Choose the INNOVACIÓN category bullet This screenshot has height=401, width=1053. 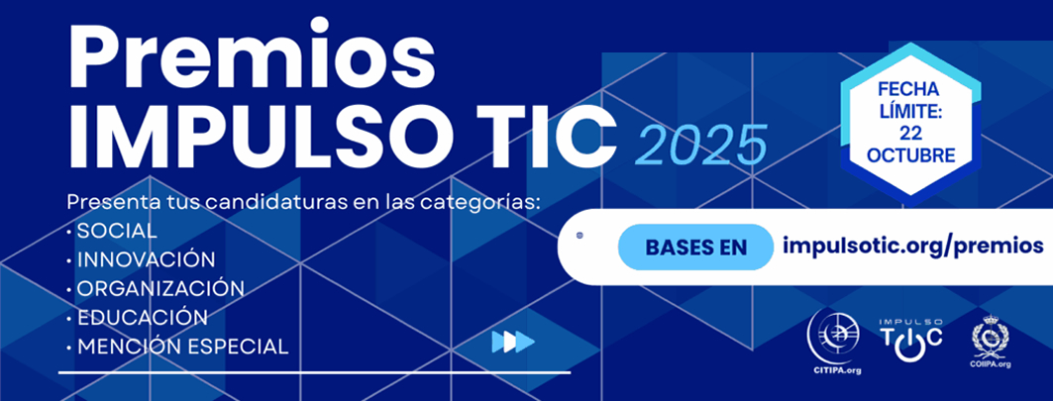tap(145, 259)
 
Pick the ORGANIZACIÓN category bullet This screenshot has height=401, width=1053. tap(159, 288)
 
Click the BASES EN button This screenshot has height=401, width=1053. tap(695, 247)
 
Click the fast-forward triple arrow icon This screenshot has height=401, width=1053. tap(513, 342)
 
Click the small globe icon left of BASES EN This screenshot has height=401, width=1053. tap(579, 236)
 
